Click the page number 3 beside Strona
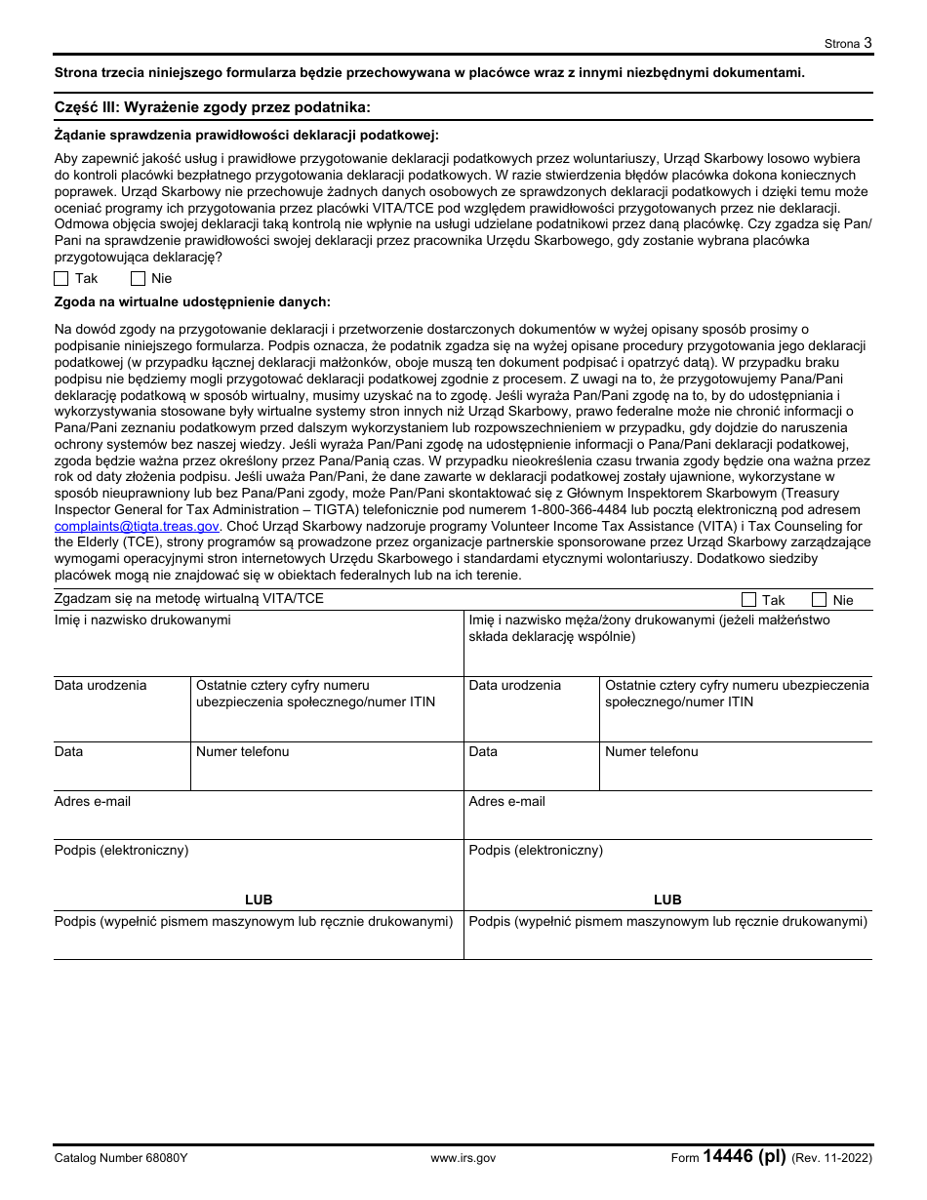tap(867, 42)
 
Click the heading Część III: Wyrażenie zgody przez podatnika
tap(213, 107)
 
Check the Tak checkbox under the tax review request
tap(61, 278)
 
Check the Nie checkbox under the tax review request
tap(138, 278)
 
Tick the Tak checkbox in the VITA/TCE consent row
tap(748, 599)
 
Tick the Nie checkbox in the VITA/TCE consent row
tap(819, 599)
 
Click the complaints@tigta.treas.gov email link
tap(137, 526)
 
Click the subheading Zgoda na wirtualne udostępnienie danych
tap(192, 302)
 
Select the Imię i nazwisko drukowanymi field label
tap(142, 620)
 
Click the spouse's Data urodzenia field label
tap(514, 685)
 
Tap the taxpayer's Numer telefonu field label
tap(242, 751)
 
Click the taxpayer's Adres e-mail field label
tap(93, 801)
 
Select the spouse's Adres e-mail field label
tap(506, 801)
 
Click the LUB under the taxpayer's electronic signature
tap(259, 900)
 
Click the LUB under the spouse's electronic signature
tap(667, 900)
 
